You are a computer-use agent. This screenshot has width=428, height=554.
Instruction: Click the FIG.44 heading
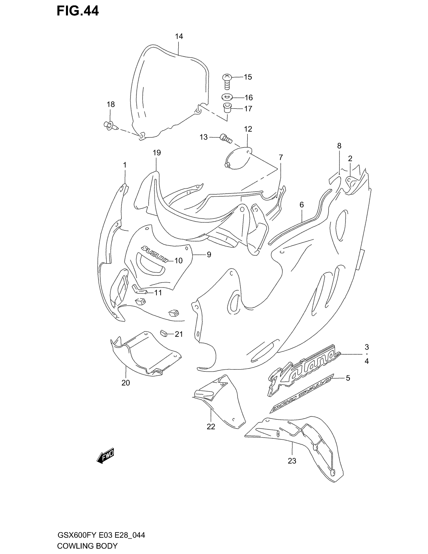78,11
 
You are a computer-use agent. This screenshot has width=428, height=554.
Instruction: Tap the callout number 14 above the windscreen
179,37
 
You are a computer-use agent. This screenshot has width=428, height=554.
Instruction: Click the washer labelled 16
226,97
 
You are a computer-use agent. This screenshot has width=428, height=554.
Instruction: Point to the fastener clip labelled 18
110,125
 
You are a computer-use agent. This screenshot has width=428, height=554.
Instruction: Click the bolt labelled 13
225,138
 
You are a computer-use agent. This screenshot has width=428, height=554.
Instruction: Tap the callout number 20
126,383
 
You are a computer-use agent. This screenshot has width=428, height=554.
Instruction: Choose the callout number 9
209,255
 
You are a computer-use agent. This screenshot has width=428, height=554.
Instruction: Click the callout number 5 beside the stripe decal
348,385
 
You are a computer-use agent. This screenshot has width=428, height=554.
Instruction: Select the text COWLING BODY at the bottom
87,546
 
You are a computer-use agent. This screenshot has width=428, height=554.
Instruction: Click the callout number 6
301,205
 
